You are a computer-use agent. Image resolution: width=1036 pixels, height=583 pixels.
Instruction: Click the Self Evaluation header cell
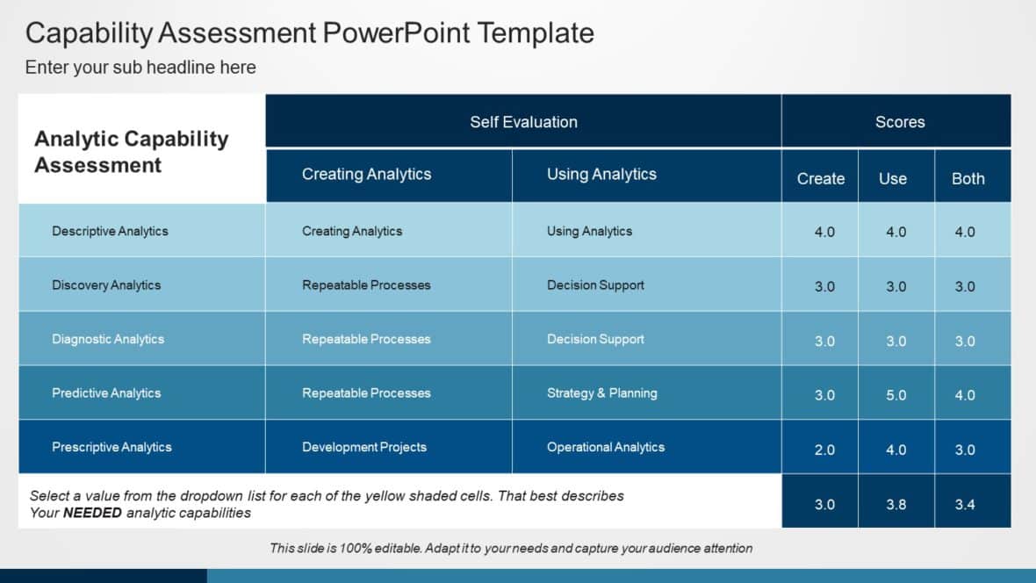point(523,122)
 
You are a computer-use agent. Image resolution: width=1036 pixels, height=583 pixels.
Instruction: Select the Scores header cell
point(899,122)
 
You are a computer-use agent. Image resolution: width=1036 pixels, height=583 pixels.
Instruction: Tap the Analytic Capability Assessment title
point(132,152)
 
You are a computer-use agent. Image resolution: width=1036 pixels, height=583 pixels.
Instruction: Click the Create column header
point(820,178)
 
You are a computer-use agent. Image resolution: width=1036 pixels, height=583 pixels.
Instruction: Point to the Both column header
point(968,178)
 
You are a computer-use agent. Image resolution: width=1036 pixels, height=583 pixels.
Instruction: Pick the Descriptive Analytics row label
point(110,231)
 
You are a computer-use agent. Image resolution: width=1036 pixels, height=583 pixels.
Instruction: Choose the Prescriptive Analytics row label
point(112,447)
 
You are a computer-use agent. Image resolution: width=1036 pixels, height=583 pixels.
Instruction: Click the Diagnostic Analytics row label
point(108,339)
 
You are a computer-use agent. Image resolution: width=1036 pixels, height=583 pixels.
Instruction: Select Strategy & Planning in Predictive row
point(601,392)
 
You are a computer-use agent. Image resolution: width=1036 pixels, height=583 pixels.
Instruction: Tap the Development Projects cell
point(364,447)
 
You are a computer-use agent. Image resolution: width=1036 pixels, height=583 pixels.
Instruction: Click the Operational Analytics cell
point(605,447)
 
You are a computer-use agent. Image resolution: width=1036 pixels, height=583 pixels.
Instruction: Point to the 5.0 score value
point(896,395)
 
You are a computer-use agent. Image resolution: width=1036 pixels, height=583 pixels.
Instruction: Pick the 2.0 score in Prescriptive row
point(824,450)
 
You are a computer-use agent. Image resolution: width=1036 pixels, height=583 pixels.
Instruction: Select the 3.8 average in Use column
point(896,504)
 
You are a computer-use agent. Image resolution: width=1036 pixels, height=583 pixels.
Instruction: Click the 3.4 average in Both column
point(964,504)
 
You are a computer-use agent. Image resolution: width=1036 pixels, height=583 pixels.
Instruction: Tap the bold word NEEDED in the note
point(92,513)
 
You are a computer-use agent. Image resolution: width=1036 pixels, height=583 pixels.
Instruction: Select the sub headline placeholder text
point(140,68)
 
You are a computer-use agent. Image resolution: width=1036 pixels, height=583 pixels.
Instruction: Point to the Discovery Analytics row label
point(106,284)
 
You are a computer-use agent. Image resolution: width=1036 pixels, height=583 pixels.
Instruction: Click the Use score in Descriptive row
point(896,233)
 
